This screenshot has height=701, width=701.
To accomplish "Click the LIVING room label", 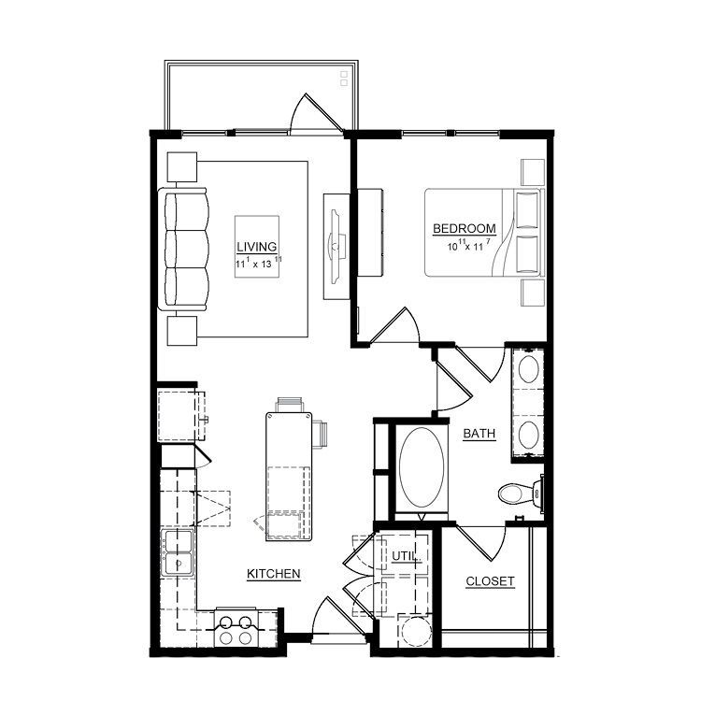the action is (257, 247).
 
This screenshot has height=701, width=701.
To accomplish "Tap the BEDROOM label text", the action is (465, 228).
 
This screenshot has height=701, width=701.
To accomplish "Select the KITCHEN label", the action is (274, 574).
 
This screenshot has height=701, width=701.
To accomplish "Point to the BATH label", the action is (479, 433).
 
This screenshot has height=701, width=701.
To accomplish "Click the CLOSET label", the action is (490, 581).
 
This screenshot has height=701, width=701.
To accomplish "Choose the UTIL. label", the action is (406, 556).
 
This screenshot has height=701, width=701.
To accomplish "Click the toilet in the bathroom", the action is (522, 494).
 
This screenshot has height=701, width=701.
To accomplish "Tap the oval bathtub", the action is (422, 467).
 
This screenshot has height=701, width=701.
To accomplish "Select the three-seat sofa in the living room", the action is (184, 249).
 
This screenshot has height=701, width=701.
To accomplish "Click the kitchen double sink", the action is (178, 553).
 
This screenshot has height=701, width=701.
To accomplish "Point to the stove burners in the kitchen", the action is (236, 630).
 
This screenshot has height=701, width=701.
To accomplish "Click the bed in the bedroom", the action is (484, 233).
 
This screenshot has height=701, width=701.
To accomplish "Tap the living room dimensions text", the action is (259, 263).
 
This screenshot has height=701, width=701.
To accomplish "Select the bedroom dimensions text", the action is (469, 245).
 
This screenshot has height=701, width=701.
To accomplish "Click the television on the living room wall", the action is (336, 247).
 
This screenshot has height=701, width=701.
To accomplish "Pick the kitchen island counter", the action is (289, 477).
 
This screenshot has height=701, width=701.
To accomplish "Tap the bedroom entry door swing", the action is (395, 325).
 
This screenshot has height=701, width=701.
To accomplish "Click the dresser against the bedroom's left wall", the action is (370, 233).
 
